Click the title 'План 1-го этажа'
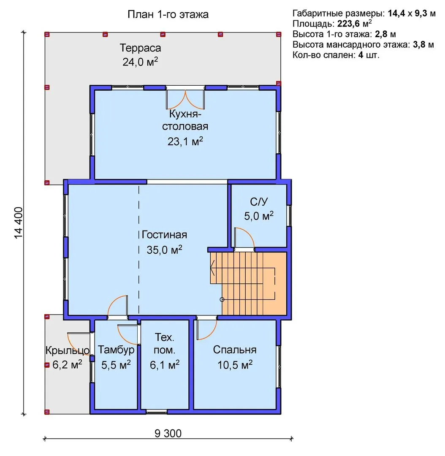point(168,14)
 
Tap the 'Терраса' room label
point(140,48)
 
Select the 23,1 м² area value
point(185,141)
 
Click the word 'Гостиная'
point(164,235)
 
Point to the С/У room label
point(258,201)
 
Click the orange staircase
point(249,283)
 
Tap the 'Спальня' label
point(235,350)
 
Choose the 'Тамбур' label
point(116,350)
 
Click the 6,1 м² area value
point(165,365)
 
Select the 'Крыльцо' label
point(67,350)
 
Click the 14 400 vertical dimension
point(18,223)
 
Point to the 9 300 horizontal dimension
point(168,434)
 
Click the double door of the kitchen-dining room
point(185,99)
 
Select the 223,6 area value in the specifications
point(348,24)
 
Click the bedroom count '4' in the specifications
point(361,54)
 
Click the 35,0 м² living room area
point(164,250)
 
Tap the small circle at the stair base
point(222,299)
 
